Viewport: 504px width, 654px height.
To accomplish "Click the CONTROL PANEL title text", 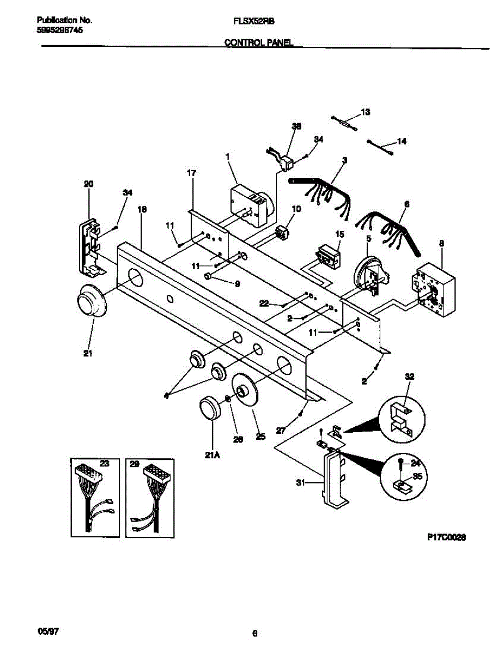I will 259,42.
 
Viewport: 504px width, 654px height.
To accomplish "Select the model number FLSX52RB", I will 253,20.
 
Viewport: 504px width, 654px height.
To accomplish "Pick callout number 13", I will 365,112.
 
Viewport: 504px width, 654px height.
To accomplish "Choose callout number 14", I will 401,142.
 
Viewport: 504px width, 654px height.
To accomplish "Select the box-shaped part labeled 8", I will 433,289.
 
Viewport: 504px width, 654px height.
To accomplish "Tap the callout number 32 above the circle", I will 410,377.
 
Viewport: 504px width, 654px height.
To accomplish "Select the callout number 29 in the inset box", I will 134,464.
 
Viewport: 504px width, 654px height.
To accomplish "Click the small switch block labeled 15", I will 329,256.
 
